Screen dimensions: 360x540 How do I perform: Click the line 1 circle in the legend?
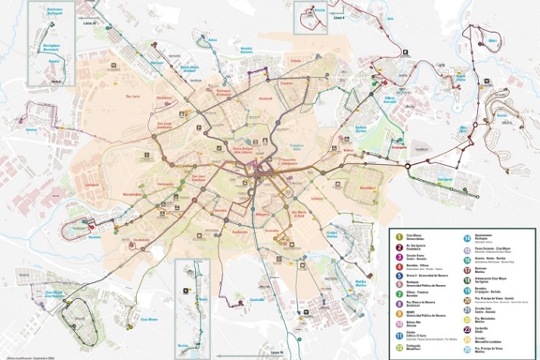click(x=399, y=237)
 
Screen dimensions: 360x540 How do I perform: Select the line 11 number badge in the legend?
click(x=399, y=334)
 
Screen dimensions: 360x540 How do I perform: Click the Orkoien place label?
click(x=31, y=129)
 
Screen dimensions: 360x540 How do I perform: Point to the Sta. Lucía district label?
click(x=132, y=96)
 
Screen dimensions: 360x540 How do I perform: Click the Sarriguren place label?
click(x=445, y=179)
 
